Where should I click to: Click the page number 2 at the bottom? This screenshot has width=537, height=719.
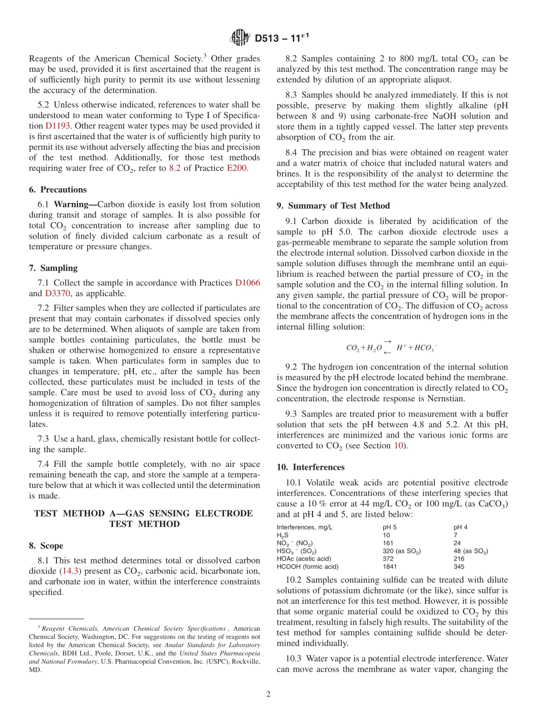[x=268, y=694]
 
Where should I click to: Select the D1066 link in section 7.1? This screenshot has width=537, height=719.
[x=248, y=283]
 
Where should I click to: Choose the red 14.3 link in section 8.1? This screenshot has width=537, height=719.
[x=71, y=571]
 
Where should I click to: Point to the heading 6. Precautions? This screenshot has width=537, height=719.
[x=58, y=189]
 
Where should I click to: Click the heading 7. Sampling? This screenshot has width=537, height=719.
[x=54, y=268]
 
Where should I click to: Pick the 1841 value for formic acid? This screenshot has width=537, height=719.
[x=390, y=566]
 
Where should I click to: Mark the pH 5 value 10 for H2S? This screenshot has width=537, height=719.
[x=386, y=535]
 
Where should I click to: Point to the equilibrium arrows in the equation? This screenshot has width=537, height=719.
[x=387, y=347]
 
